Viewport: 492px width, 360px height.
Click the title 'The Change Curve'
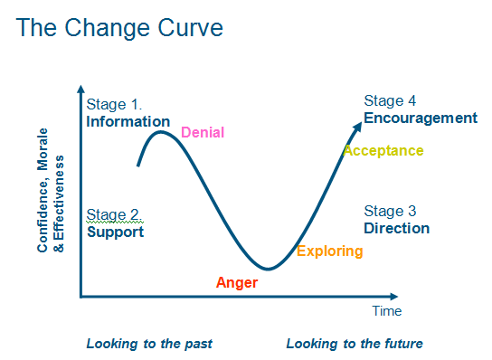click(120, 28)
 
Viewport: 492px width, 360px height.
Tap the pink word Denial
click(203, 133)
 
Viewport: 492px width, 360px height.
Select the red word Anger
click(237, 283)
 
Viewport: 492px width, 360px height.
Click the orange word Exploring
click(330, 251)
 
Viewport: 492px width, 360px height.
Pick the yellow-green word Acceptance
click(383, 151)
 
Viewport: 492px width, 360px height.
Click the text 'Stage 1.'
click(115, 104)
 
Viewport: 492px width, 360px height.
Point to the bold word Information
click(128, 121)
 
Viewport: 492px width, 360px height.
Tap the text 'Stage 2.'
click(115, 215)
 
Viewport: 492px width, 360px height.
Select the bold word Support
click(116, 232)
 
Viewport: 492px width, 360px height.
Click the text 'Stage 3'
click(390, 210)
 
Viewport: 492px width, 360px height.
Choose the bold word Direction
click(396, 228)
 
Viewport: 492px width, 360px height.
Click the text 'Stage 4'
click(390, 100)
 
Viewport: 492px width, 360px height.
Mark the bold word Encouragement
click(420, 118)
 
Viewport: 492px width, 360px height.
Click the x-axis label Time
click(387, 311)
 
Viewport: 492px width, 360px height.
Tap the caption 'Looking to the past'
click(149, 344)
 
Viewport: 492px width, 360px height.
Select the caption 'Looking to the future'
click(355, 344)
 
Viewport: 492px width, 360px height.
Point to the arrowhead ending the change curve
click(359, 116)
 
